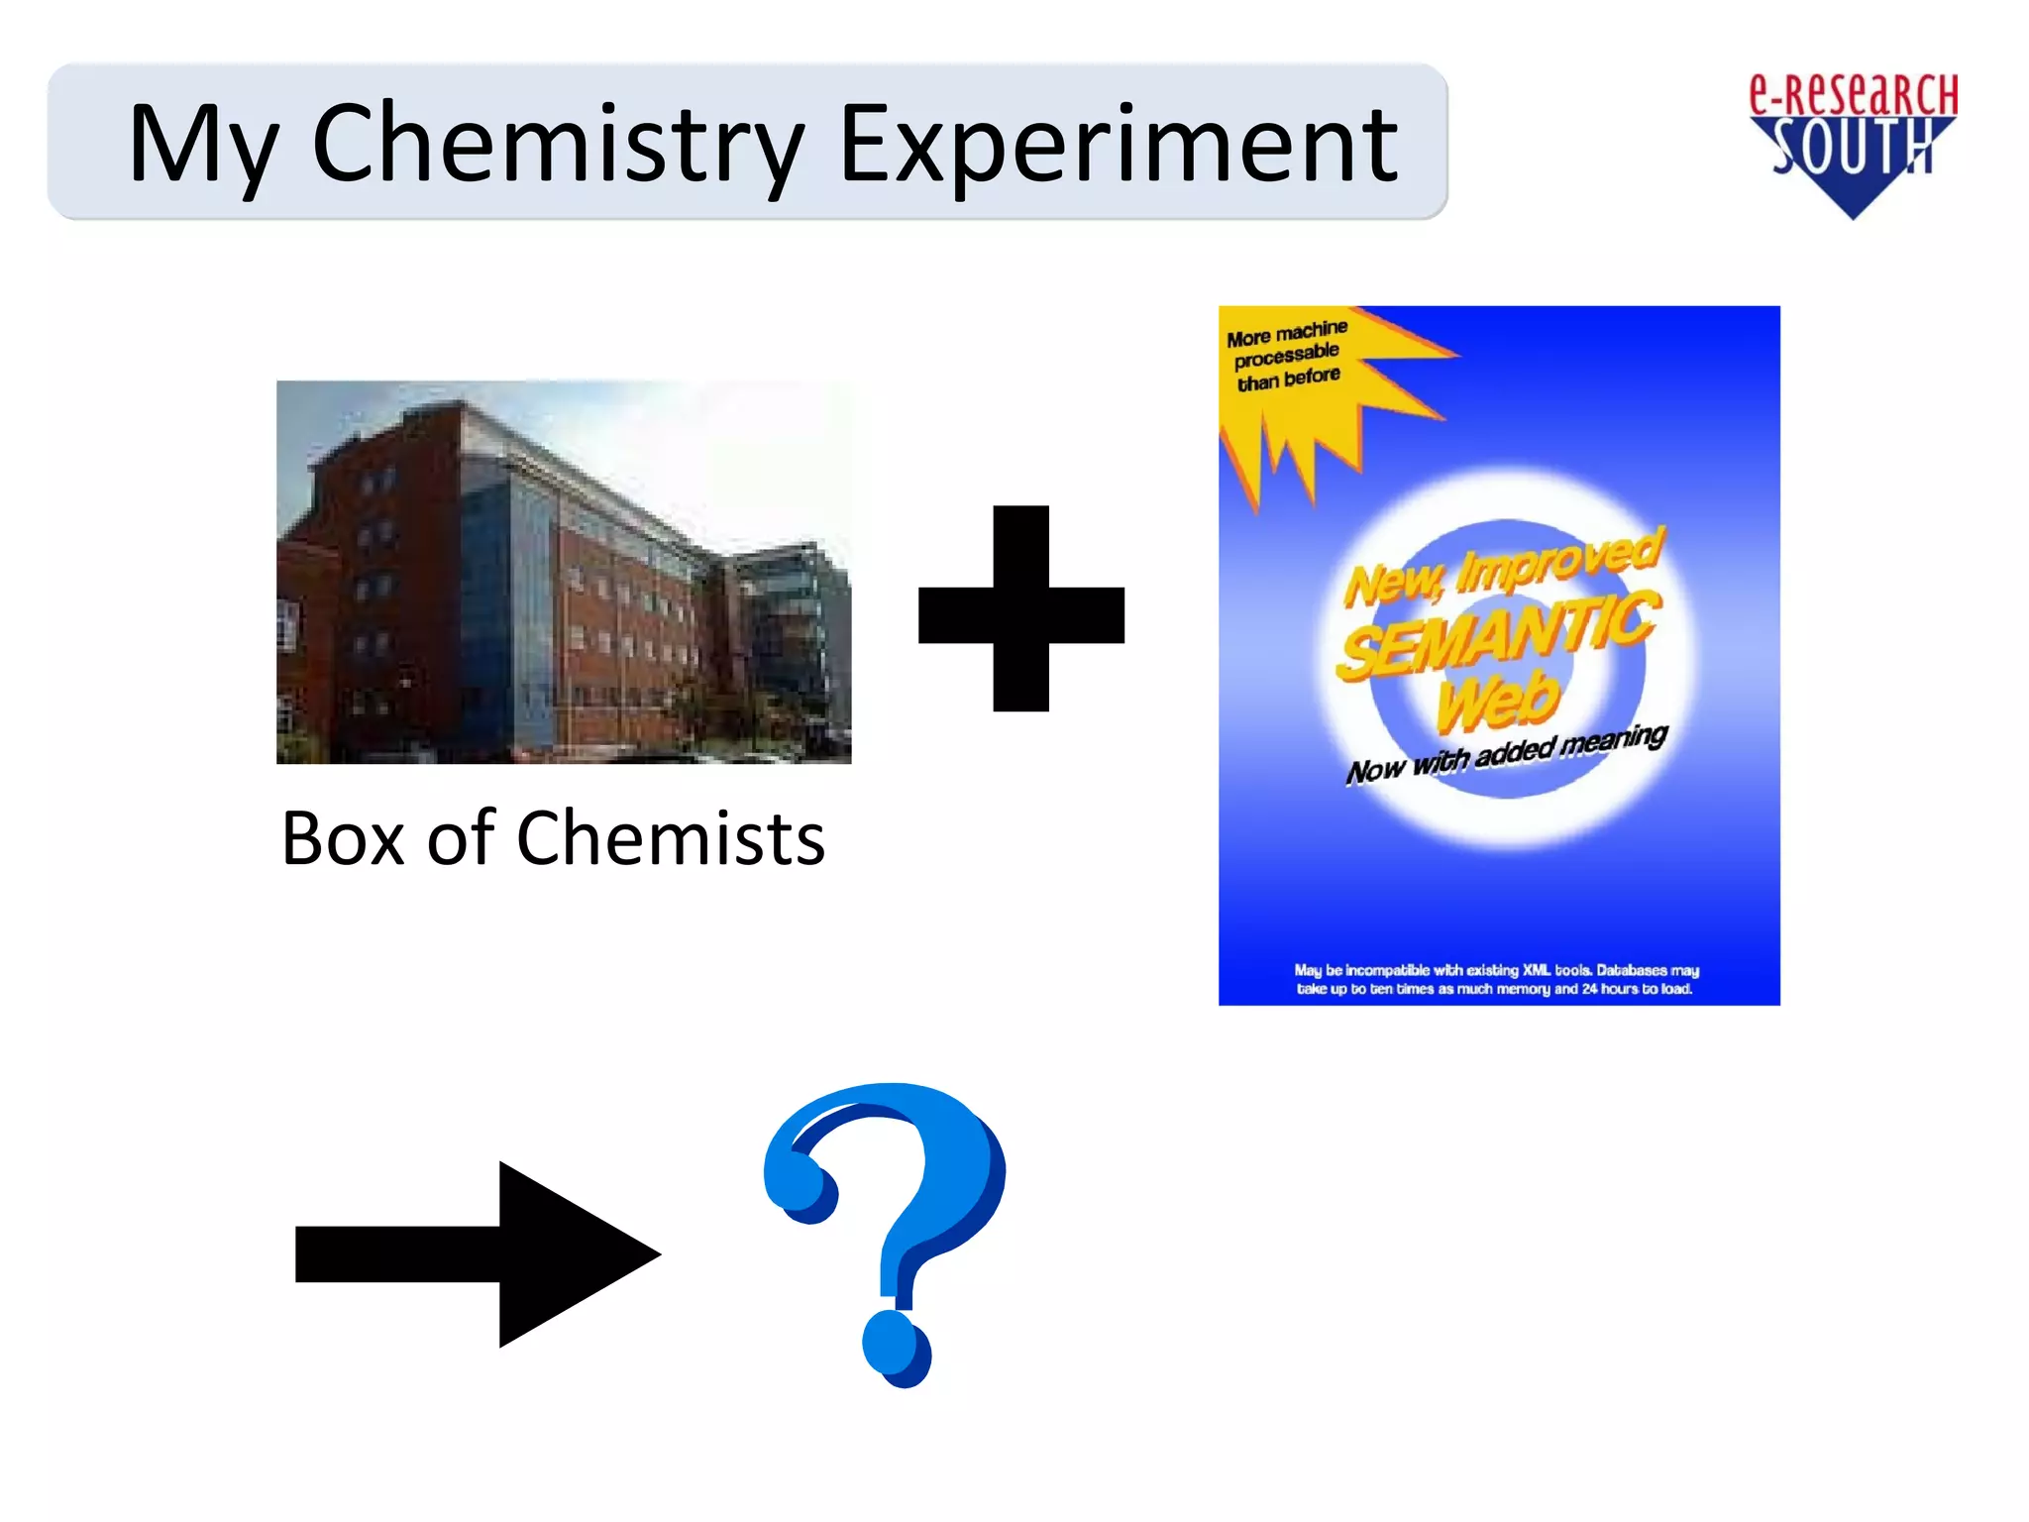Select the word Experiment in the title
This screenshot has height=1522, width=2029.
1118,146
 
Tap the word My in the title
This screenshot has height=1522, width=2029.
203,146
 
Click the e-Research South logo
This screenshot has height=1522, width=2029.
1853,144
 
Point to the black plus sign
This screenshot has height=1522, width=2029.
1021,608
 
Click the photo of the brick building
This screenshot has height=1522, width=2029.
563,572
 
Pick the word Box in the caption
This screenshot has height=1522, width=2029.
343,838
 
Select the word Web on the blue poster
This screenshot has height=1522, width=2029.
1498,700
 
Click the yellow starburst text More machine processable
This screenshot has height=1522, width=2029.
1287,355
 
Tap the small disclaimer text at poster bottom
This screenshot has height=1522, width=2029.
1496,979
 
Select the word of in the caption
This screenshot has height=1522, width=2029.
461,838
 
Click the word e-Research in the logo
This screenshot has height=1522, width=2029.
1853,95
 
